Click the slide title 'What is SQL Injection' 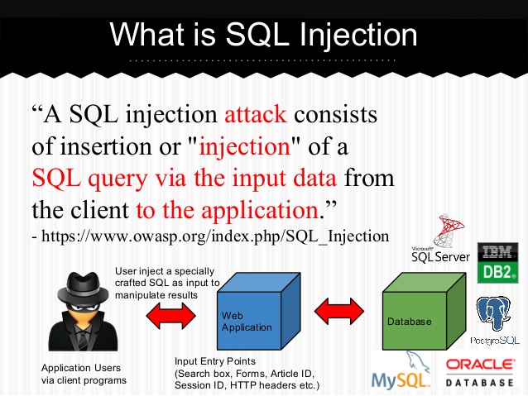point(264,34)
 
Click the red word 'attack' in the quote point(256,115)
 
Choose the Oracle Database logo point(482,373)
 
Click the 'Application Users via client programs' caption point(84,375)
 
